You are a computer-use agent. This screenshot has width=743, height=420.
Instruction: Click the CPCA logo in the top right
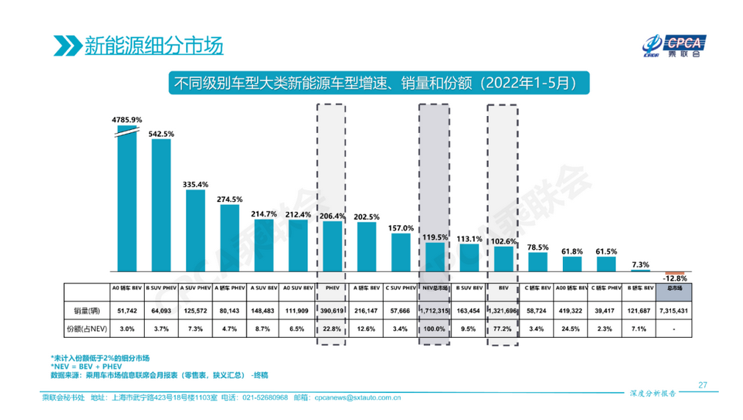pyautogui.click(x=673, y=44)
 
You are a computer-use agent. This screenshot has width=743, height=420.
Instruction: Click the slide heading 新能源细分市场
pyautogui.click(x=153, y=45)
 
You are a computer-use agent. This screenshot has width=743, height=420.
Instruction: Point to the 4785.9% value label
pyautogui.click(x=127, y=119)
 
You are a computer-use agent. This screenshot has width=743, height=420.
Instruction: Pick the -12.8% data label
pyautogui.click(x=674, y=279)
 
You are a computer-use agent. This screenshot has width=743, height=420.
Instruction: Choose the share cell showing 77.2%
pyautogui.click(x=503, y=330)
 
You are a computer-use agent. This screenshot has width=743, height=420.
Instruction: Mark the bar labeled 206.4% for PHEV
pyautogui.click(x=332, y=247)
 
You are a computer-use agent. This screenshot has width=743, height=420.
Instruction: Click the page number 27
pyautogui.click(x=702, y=385)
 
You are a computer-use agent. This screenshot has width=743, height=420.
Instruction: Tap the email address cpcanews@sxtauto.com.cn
pyautogui.click(x=357, y=399)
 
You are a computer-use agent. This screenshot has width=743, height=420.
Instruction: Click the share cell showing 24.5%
pyautogui.click(x=571, y=330)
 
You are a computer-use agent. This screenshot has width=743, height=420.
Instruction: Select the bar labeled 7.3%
pyautogui.click(x=639, y=270)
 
